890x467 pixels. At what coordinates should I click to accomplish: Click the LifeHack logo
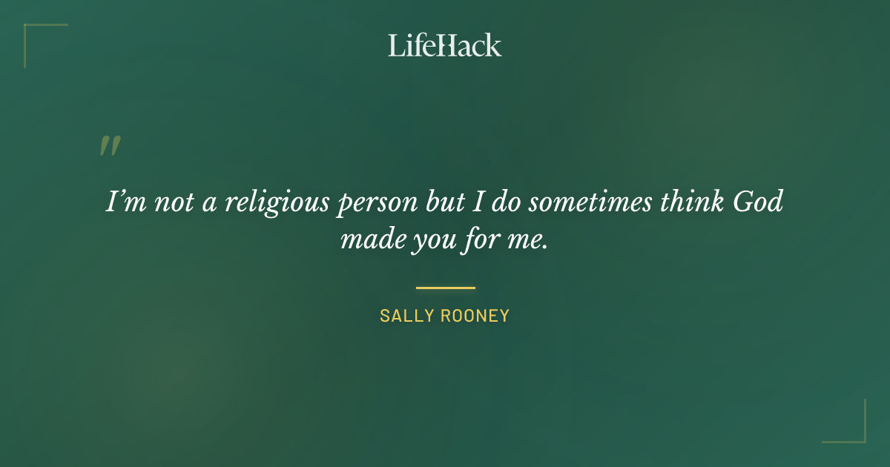click(x=445, y=45)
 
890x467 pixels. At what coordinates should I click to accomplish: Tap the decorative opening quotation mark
click(x=110, y=146)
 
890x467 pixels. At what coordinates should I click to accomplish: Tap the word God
click(x=756, y=202)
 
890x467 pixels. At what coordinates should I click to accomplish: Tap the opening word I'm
click(x=126, y=202)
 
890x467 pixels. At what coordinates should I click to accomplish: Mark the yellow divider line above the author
click(x=445, y=288)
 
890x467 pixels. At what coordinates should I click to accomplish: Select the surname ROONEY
click(x=475, y=316)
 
